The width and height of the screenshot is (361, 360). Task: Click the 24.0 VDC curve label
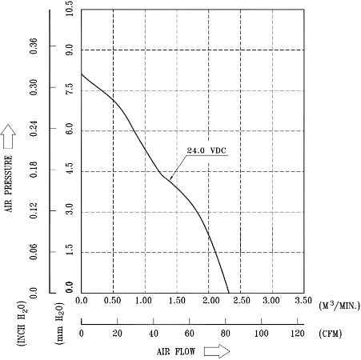point(207,150)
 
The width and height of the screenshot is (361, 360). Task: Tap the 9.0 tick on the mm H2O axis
point(69,50)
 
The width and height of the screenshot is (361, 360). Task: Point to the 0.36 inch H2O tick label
point(34,46)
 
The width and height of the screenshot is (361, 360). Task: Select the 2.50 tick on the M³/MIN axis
point(242,301)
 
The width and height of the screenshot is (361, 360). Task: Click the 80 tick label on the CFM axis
point(226,333)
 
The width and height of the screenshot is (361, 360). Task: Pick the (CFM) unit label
point(331,334)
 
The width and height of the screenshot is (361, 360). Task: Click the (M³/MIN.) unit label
point(339,305)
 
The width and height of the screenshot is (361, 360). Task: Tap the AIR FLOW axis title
point(176,352)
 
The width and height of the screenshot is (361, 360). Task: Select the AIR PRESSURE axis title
point(9,184)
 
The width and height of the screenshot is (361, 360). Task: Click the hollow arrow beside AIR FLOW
point(217,351)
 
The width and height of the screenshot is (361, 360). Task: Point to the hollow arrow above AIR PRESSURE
point(8,136)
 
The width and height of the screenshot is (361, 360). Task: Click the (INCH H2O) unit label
point(22,324)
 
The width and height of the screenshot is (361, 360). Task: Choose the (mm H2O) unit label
point(59,324)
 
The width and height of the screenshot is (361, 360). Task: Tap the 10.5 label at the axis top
point(69,8)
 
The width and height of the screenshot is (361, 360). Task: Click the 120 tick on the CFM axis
point(298,333)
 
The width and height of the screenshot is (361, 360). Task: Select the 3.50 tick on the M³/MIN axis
point(303,301)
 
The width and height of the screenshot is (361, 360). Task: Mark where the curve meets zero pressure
point(229,293)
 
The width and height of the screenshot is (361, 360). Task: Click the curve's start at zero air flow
point(82,74)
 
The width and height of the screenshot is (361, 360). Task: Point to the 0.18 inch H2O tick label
point(34,170)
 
